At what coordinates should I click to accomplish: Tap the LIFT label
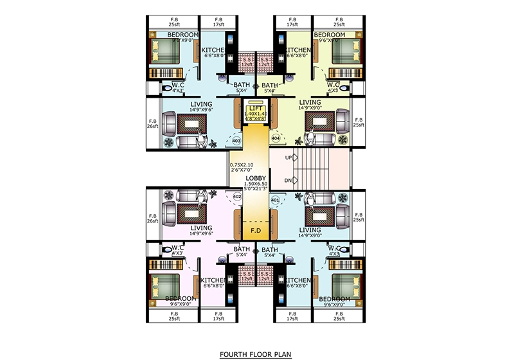pyautogui.click(x=256, y=109)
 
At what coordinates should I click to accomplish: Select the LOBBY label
pyautogui.click(x=255, y=177)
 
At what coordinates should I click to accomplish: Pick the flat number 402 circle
pyautogui.click(x=236, y=195)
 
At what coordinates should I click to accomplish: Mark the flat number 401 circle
pyautogui.click(x=276, y=200)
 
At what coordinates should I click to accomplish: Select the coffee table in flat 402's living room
pyautogui.click(x=188, y=213)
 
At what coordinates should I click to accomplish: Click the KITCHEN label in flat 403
pyautogui.click(x=213, y=50)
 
